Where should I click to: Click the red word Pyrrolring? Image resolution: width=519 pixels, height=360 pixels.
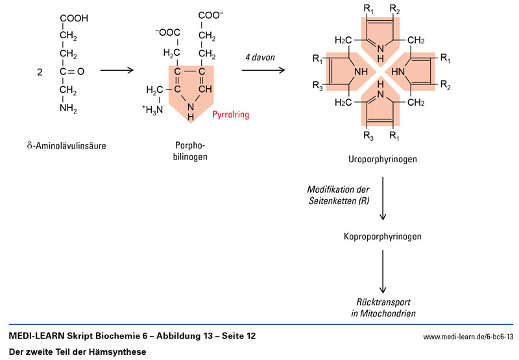pyautogui.click(x=231, y=115)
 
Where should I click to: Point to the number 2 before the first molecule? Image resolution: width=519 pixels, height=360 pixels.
pyautogui.click(x=40, y=72)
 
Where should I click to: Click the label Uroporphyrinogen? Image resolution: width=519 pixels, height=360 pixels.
pyautogui.click(x=383, y=159)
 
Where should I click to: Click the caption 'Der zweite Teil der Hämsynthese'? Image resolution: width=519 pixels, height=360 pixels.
pyautogui.click(x=78, y=352)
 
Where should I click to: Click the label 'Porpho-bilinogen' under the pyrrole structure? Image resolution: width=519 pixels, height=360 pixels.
pyautogui.click(x=190, y=150)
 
